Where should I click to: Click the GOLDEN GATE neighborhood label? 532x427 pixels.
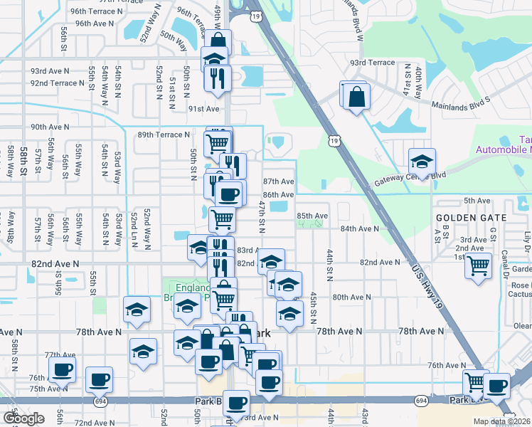(471, 217)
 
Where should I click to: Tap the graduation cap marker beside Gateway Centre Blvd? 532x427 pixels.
(422, 162)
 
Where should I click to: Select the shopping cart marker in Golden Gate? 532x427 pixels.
(479, 266)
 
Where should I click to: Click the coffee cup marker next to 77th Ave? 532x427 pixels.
(62, 370)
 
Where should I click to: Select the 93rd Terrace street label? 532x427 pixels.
(371, 63)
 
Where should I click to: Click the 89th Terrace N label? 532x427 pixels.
(164, 135)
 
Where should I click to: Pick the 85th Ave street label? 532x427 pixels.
(312, 216)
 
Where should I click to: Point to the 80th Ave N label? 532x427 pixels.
(352, 297)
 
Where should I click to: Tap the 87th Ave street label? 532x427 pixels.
(278, 182)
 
